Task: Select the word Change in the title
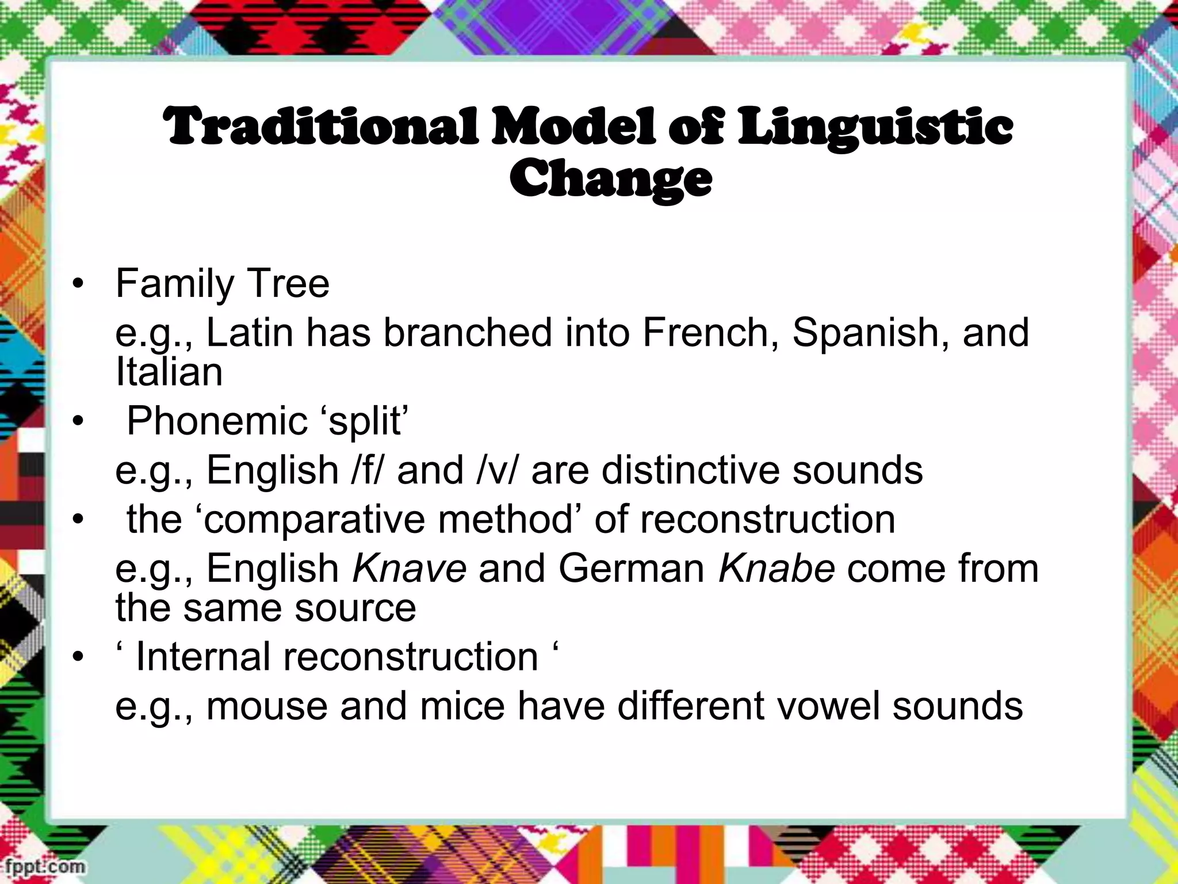pyautogui.click(x=610, y=178)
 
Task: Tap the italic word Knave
pyautogui.click(x=409, y=568)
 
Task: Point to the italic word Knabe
pyautogui.click(x=777, y=568)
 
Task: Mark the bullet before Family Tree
pyautogui.click(x=78, y=284)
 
